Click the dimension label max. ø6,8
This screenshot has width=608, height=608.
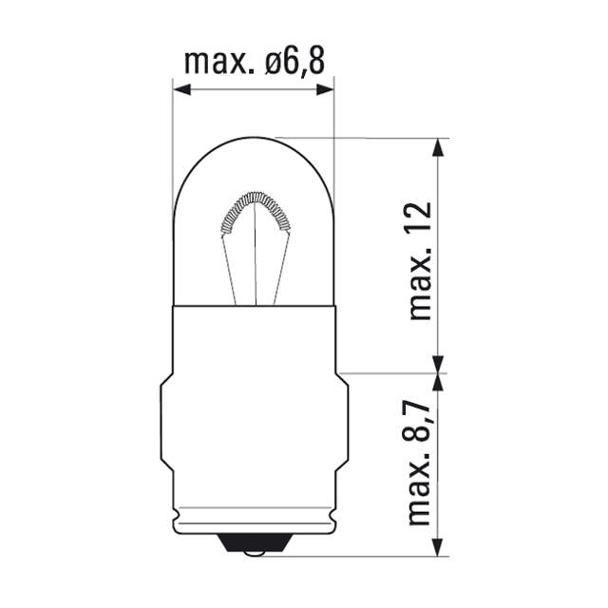point(254,63)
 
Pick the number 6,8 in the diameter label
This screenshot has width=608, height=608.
point(303,63)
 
